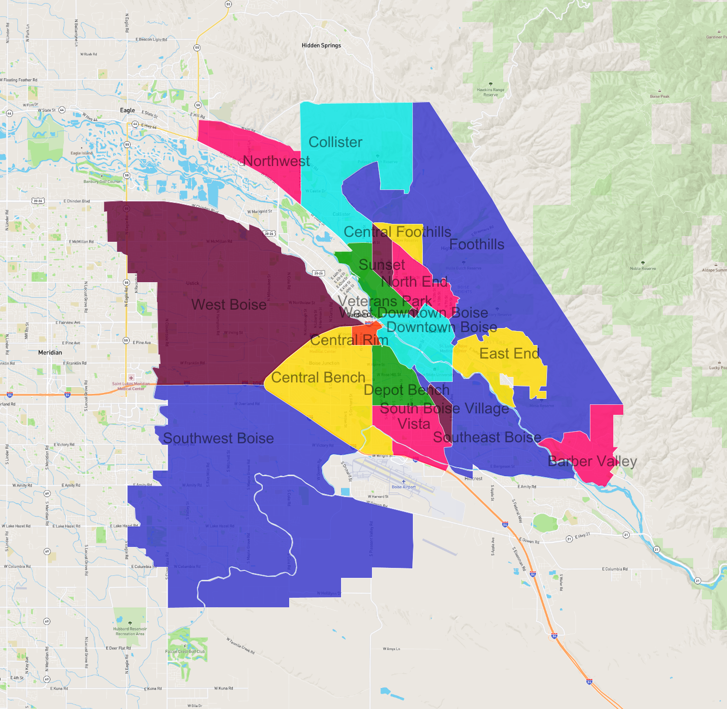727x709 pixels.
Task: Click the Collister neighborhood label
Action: click(x=335, y=142)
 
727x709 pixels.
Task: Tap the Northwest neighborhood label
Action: click(x=276, y=161)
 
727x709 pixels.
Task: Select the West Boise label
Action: click(x=229, y=305)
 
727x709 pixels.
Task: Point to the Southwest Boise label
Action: click(x=218, y=438)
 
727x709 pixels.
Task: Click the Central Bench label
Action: click(x=318, y=377)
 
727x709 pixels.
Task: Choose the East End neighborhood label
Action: click(x=509, y=354)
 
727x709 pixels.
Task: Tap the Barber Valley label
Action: click(x=592, y=461)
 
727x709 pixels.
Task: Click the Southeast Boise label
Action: click(x=487, y=437)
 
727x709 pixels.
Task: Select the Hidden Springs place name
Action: click(x=321, y=45)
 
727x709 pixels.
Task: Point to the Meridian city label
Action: click(x=50, y=353)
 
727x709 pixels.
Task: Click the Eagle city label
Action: click(x=127, y=110)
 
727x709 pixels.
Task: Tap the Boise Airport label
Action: click(x=403, y=487)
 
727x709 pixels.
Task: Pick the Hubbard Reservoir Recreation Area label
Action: click(x=130, y=631)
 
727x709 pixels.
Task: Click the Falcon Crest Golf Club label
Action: click(x=185, y=651)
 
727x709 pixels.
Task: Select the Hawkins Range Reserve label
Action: click(x=490, y=92)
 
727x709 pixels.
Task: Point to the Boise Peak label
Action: click(x=659, y=96)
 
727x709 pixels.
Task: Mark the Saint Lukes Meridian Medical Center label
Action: click(x=131, y=386)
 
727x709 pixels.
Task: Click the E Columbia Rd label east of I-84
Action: click(x=614, y=569)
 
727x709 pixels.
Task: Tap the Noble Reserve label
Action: click(x=643, y=268)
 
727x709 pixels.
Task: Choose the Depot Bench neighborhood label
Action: click(x=406, y=390)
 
